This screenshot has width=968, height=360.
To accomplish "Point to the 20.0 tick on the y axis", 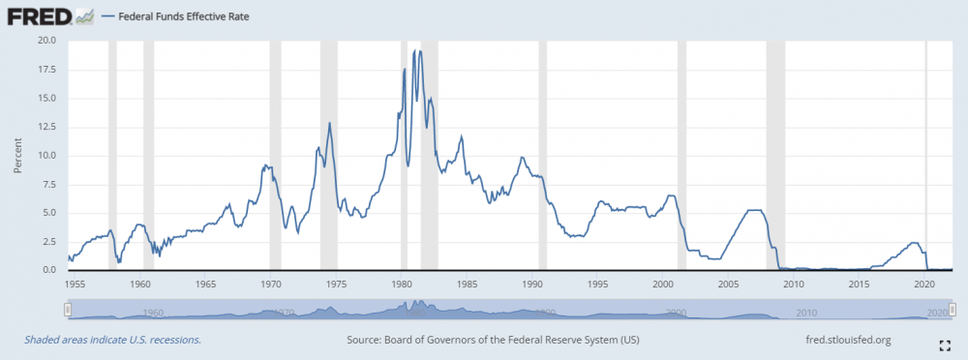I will pos(46,41).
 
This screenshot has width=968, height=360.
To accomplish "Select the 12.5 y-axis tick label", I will pos(46,127).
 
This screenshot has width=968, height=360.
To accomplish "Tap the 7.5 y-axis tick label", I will pos(49,184).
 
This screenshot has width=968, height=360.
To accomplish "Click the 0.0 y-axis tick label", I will pos(49,270).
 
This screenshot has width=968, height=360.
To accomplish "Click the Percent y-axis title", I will pos(16,156).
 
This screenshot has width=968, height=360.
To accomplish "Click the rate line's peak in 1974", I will pos(330,123).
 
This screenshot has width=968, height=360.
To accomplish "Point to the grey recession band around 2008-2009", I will pos(774,155).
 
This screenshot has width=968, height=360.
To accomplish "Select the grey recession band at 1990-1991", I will pos(542,155).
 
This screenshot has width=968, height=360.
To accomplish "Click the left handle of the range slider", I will pos(68,310).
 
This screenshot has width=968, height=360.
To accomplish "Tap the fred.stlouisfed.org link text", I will pos(834,340).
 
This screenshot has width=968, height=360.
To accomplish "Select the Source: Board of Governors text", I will pos(493,340).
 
